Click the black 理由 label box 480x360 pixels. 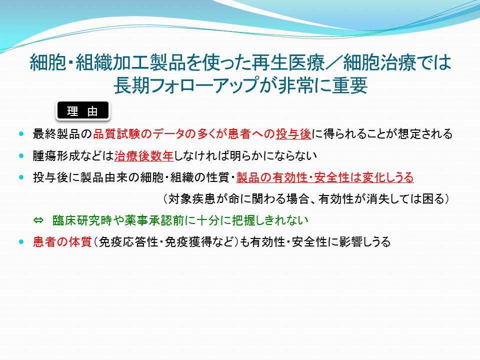[83, 110]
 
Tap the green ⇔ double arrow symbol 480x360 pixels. [38, 220]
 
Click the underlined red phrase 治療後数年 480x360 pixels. [144, 156]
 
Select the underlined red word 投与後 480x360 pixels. [293, 134]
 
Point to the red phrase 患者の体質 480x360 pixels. [62, 242]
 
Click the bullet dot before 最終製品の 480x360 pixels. [21, 134]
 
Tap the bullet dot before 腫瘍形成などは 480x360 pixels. [21, 155]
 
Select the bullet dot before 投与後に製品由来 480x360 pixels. [21, 177]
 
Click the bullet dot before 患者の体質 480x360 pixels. [21, 242]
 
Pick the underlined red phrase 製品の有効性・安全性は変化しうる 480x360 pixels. [325, 177]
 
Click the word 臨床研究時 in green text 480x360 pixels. [82, 220]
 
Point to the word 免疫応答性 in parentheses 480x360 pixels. [128, 242]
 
